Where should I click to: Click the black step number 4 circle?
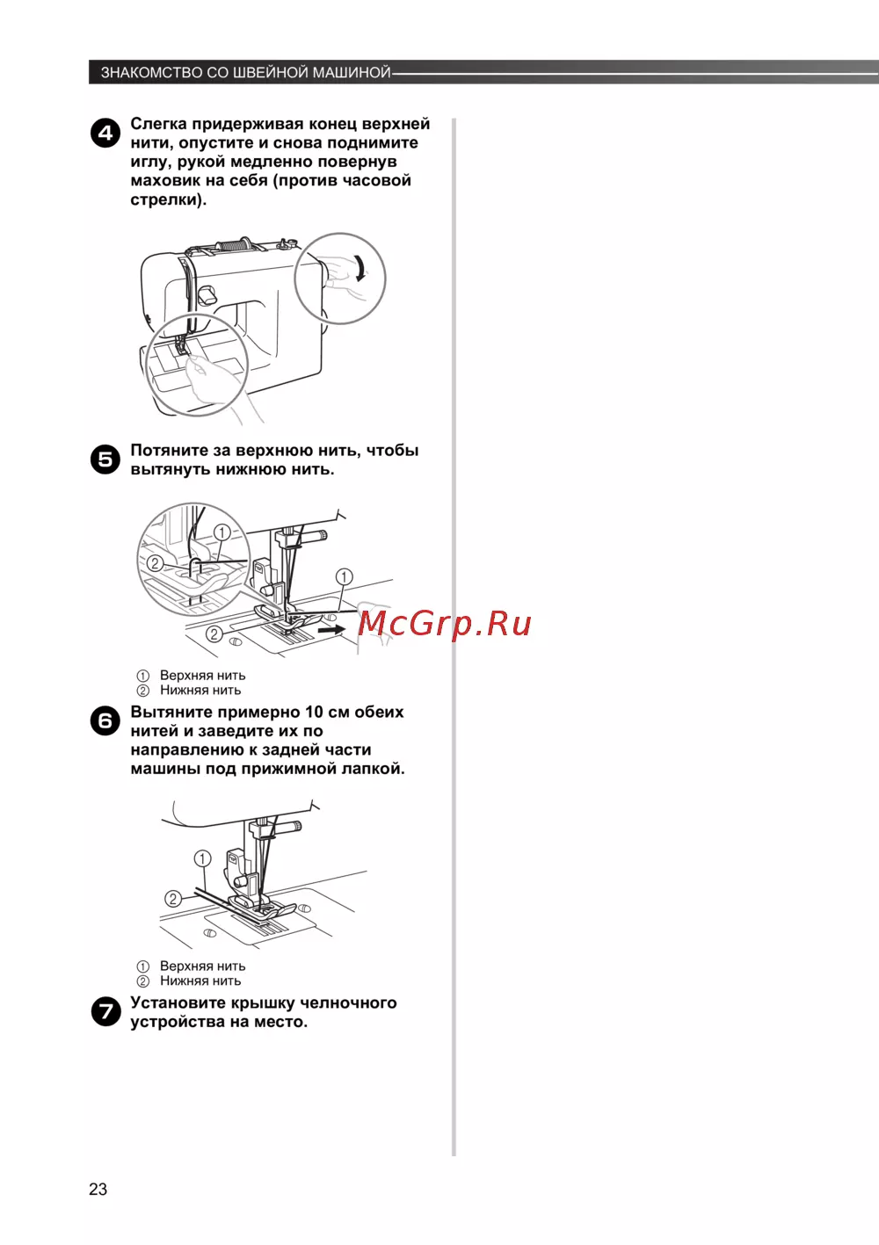[105, 133]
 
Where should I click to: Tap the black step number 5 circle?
[105, 460]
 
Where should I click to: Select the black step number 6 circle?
[105, 720]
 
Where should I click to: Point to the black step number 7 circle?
[105, 1011]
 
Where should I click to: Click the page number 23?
[98, 1189]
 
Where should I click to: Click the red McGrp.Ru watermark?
[444, 624]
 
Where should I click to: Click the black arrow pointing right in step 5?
[331, 630]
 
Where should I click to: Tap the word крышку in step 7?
[263, 1003]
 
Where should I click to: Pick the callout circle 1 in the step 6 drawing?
[202, 858]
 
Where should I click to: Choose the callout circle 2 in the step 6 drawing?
[173, 898]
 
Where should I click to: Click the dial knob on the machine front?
[207, 294]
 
